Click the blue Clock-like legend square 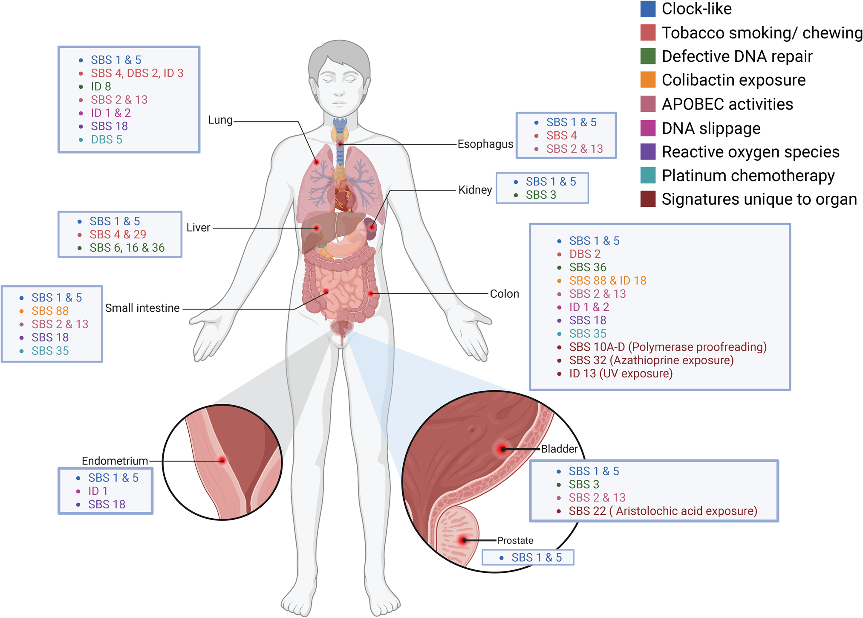tap(648, 9)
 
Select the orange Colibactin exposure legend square tap(648, 80)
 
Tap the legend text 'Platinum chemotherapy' tap(748, 175)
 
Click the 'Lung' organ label tap(220, 120)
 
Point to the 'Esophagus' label tap(485, 144)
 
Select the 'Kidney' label tap(475, 190)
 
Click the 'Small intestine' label tap(142, 308)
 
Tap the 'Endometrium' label tap(115, 461)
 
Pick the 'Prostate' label tap(515, 540)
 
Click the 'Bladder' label tap(559, 449)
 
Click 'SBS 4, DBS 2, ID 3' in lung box tap(137, 73)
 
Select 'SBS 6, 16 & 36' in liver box tap(127, 248)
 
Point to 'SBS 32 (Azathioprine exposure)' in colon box tap(651, 360)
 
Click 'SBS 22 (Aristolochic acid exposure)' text tap(663, 511)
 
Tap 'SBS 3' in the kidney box tap(541, 195)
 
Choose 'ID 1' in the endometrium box tap(98, 491)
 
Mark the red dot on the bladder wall tap(503, 449)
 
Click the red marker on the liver tap(316, 228)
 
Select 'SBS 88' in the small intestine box tap(50, 311)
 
